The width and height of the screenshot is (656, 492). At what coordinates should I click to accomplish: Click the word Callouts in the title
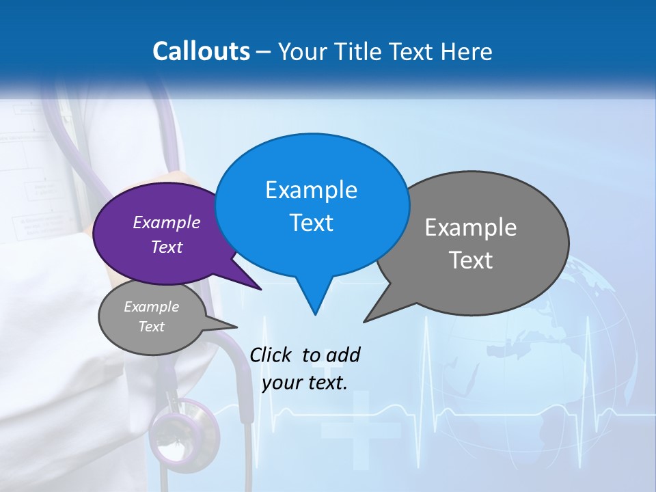[x=201, y=51]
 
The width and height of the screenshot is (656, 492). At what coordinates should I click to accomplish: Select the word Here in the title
[x=467, y=51]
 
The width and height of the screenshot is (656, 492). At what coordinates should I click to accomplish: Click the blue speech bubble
[x=312, y=205]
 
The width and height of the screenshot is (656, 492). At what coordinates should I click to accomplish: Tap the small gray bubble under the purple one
[x=152, y=317]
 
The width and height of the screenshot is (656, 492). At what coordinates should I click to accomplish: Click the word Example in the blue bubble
[x=311, y=190]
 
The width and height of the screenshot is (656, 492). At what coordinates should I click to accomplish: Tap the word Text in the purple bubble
[x=167, y=247]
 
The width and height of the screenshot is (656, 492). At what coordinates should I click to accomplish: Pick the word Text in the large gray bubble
[x=471, y=260]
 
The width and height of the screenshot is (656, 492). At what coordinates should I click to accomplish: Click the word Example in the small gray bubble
[x=151, y=307]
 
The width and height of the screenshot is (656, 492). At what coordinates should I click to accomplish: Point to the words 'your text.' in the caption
[x=305, y=382]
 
